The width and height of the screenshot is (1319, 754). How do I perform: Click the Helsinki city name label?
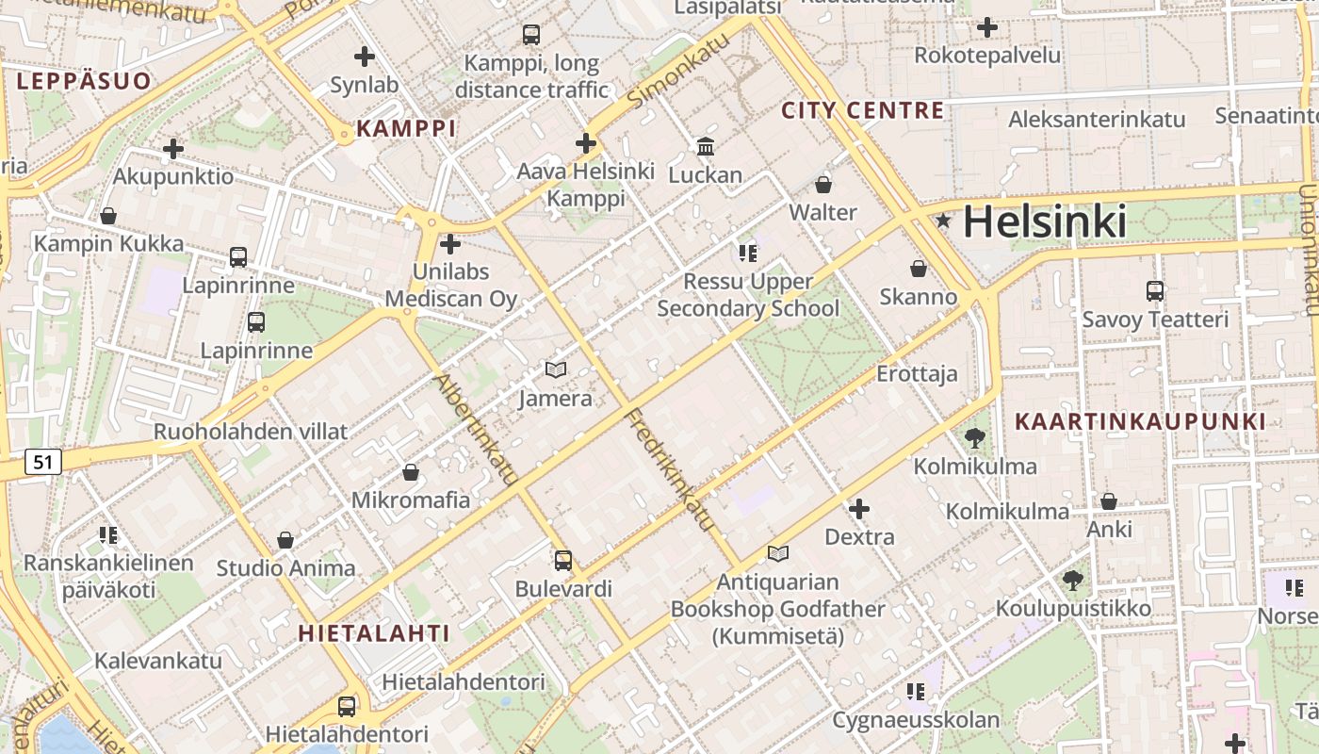(x=1044, y=222)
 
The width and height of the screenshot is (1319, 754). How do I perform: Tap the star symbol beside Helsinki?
(x=943, y=221)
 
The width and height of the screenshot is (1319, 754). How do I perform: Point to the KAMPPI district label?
(x=406, y=128)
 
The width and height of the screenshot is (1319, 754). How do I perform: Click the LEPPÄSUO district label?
(x=84, y=81)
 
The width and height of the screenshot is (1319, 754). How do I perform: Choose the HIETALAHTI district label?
(x=374, y=633)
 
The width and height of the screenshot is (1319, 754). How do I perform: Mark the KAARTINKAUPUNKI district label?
(x=1140, y=421)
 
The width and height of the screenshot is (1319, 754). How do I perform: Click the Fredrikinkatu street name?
(x=670, y=468)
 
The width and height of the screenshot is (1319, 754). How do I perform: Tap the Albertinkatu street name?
(x=477, y=430)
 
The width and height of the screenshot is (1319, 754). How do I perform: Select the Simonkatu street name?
(x=678, y=73)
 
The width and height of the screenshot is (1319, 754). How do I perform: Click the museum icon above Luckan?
(x=706, y=146)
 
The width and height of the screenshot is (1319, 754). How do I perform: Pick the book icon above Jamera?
(x=556, y=370)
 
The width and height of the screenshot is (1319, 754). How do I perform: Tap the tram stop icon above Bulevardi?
(x=563, y=561)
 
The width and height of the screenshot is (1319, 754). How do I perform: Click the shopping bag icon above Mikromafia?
(x=411, y=471)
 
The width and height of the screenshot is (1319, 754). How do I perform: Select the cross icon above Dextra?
(x=859, y=510)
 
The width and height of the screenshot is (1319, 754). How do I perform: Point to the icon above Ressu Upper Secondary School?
(x=748, y=253)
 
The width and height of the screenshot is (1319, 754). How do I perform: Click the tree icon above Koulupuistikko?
(x=1073, y=581)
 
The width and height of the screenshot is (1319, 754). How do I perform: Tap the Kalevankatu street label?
(x=158, y=660)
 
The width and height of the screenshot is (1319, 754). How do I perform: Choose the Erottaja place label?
(x=917, y=373)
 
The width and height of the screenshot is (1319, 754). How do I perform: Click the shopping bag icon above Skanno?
(x=919, y=269)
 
